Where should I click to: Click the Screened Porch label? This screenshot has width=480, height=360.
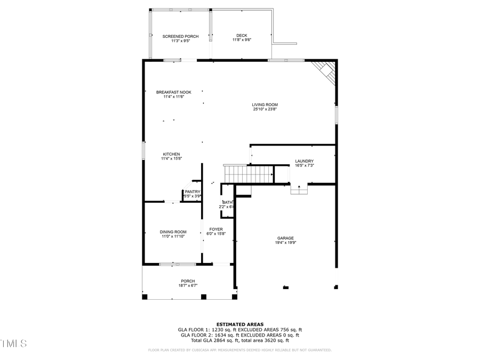[x=180, y=36]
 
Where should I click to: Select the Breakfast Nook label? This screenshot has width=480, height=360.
[x=173, y=92]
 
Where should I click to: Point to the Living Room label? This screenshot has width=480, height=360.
[x=265, y=105]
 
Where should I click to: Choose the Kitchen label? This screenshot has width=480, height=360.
[x=171, y=154]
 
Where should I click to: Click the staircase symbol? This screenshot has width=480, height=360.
[x=249, y=174]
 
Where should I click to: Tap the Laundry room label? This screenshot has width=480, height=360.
[x=304, y=161]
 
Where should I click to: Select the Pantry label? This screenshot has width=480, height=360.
[x=193, y=191]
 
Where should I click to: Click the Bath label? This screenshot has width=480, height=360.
[x=228, y=203]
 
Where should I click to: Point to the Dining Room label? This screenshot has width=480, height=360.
[x=173, y=231]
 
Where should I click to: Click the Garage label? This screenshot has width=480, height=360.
[x=285, y=238]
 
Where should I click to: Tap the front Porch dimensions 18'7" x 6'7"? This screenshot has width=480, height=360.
[x=188, y=286]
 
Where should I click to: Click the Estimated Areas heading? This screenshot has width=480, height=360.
[x=239, y=324]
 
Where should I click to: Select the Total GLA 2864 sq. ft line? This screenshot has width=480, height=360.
[x=239, y=340]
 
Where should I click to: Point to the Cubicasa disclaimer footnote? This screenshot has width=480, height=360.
[x=239, y=350]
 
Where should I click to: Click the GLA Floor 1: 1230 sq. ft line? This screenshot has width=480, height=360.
[x=239, y=330]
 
